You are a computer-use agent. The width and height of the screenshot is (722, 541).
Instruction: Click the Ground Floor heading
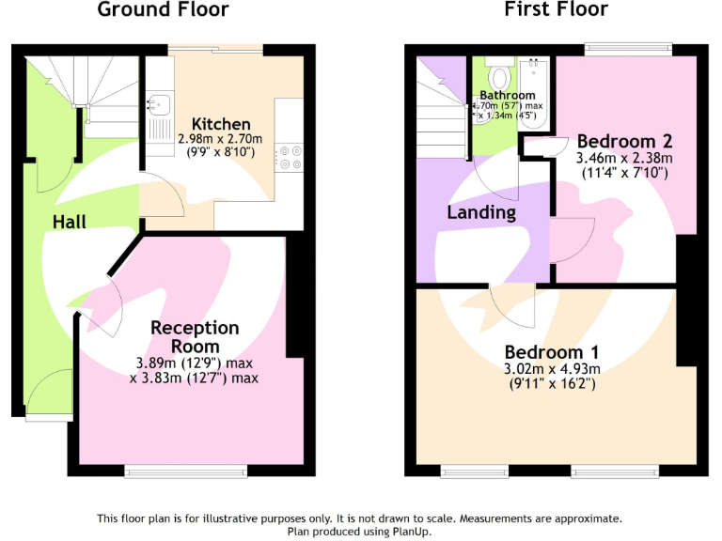(x=163, y=11)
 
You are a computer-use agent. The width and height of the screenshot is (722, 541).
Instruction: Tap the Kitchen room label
(x=221, y=124)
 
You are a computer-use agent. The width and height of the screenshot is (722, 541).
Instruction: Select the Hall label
(x=69, y=222)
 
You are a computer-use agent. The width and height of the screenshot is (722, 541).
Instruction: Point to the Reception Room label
(x=195, y=337)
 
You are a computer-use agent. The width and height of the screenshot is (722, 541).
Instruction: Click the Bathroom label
(x=508, y=95)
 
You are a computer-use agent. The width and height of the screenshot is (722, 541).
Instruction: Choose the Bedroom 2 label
(x=624, y=142)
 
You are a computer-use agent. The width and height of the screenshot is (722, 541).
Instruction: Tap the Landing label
(x=480, y=212)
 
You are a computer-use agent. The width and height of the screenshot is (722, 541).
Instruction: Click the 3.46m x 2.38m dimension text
(x=623, y=159)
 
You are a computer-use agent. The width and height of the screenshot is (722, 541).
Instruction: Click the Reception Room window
(x=186, y=471)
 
